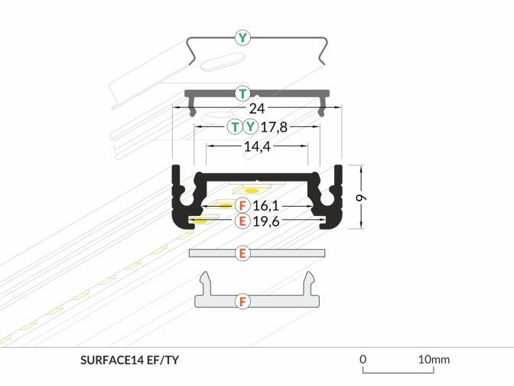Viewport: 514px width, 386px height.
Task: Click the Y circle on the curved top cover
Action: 242,36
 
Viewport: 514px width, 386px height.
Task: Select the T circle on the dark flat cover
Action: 242,93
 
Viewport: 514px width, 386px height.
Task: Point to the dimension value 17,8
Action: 274,127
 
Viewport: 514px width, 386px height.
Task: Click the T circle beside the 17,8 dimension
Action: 235,127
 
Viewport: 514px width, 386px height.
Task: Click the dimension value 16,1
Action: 265,205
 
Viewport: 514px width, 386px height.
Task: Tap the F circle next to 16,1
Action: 242,205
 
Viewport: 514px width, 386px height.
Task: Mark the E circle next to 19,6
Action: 242,221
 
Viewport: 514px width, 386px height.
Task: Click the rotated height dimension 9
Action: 362,197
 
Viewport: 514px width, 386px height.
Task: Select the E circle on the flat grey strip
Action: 242,253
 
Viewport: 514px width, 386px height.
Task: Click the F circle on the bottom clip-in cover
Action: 242,301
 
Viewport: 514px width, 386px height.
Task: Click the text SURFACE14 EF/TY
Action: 129,359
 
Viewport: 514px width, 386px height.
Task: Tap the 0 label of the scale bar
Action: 363,358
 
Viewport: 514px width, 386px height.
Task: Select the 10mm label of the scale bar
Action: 434,358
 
